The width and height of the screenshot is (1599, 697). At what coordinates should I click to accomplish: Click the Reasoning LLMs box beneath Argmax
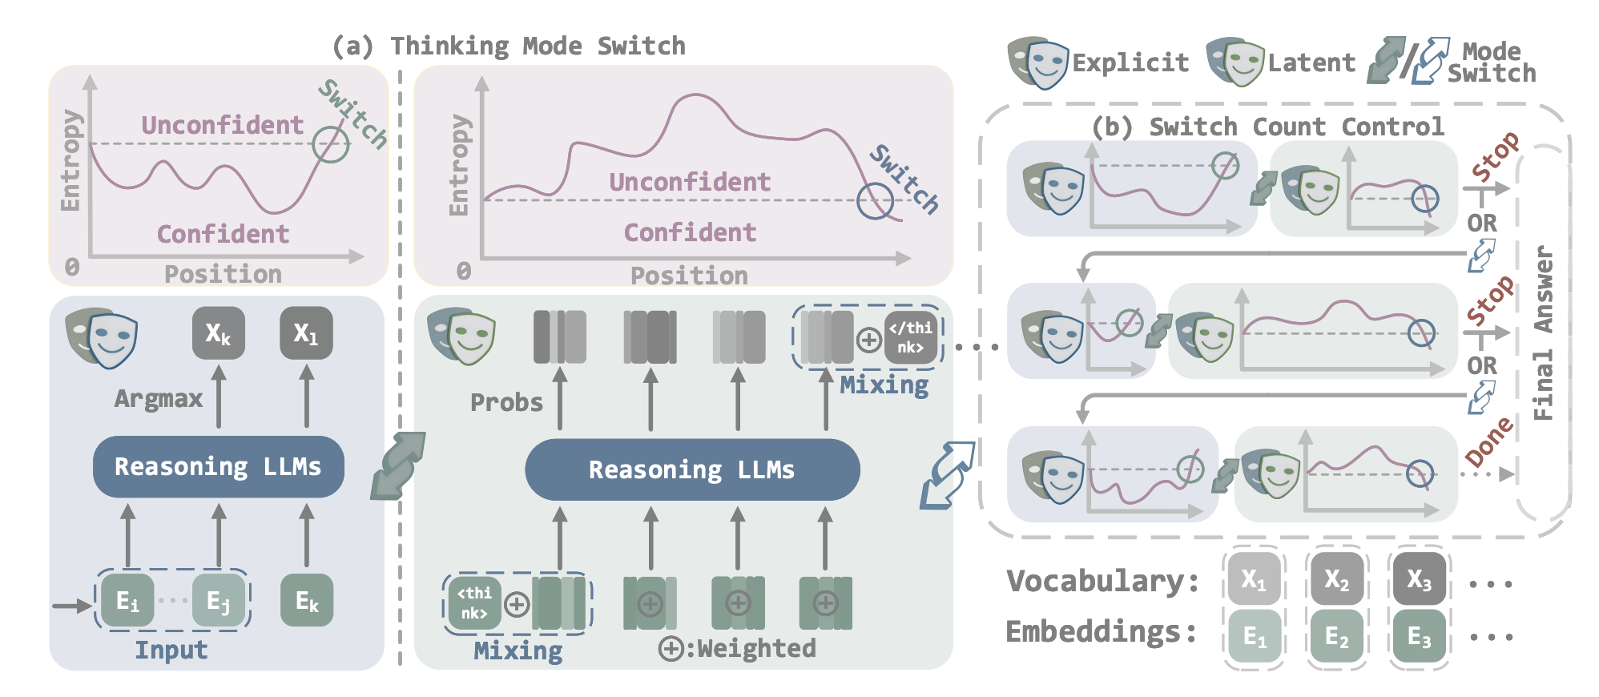click(218, 466)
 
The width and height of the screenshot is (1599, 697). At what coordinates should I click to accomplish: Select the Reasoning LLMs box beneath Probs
click(691, 469)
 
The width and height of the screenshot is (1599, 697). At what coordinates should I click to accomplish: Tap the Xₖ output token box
click(218, 332)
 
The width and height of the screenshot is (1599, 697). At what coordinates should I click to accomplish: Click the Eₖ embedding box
click(307, 600)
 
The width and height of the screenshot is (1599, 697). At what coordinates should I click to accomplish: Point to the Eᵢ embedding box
click(127, 600)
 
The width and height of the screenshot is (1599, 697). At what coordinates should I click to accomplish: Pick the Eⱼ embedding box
click(218, 600)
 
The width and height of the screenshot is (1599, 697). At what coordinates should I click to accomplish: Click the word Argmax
click(159, 398)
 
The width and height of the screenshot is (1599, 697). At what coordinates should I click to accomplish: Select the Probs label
click(506, 402)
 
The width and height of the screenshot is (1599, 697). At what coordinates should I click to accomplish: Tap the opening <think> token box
click(474, 602)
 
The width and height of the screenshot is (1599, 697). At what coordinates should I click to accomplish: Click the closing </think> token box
click(911, 337)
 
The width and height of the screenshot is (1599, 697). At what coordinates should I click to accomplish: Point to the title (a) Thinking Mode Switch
click(510, 46)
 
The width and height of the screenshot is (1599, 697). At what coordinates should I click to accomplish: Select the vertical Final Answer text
click(1544, 332)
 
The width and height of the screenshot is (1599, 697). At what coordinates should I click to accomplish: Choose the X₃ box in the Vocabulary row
click(1419, 578)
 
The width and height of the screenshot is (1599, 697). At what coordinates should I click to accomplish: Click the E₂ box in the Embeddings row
click(1336, 636)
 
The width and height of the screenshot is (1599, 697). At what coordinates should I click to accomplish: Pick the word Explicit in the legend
click(1130, 62)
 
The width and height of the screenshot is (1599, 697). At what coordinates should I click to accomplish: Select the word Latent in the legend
click(1311, 62)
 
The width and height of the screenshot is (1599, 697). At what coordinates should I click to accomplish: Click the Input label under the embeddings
click(171, 650)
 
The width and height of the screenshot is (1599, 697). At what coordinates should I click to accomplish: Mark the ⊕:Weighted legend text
click(737, 648)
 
